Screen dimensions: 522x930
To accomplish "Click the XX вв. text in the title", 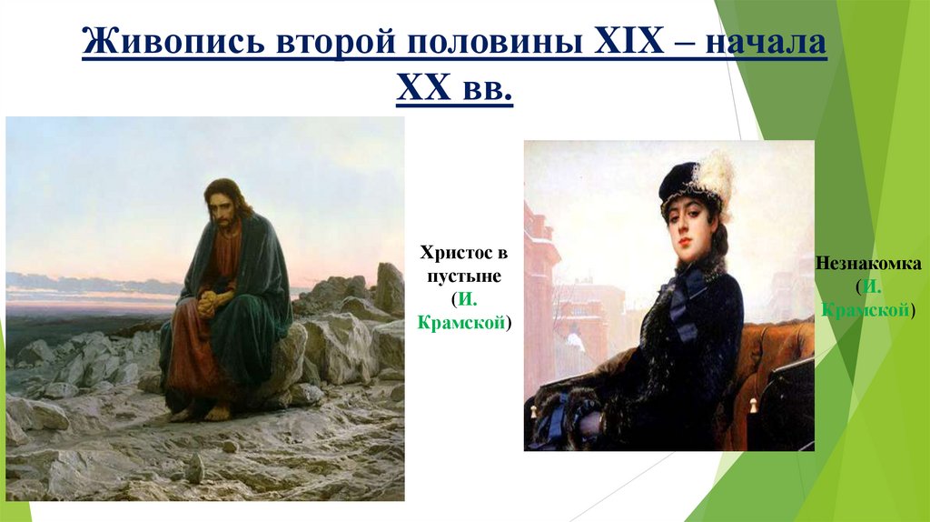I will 454,91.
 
